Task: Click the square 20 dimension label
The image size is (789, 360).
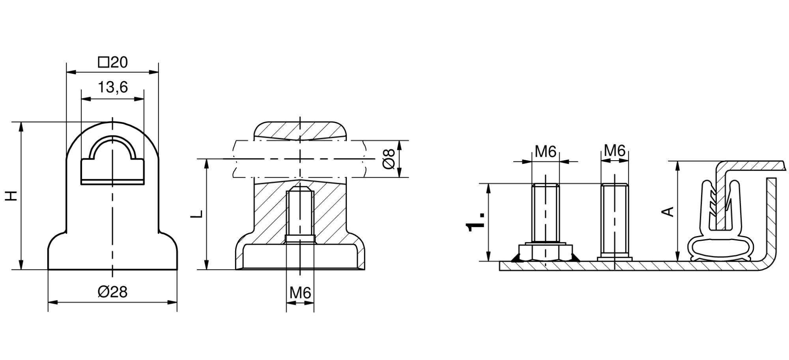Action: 113,62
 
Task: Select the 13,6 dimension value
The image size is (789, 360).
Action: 112,87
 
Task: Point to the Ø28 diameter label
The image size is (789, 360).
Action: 112,292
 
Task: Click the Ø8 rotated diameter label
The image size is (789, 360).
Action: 389,159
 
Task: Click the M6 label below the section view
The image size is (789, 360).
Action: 300,293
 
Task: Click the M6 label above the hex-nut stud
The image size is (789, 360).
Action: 546,151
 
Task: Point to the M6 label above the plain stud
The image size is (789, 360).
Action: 615,150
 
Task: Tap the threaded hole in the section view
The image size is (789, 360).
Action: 300,215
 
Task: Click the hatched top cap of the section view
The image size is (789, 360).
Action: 300,130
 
